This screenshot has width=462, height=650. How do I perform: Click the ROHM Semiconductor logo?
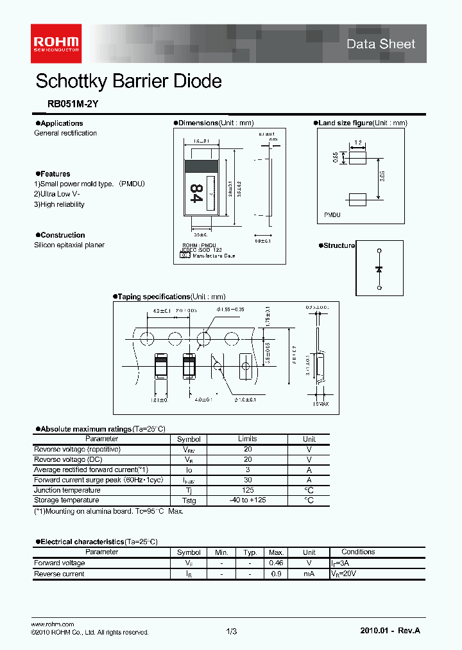(x=56, y=40)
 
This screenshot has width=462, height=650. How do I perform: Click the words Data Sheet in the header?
(x=381, y=44)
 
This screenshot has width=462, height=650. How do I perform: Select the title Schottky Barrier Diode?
(x=128, y=82)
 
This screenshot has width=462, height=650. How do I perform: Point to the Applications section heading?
(x=61, y=123)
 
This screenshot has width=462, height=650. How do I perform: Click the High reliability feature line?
(x=59, y=204)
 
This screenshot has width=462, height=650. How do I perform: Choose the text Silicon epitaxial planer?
(x=69, y=245)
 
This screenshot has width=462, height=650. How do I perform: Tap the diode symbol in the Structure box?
(x=379, y=268)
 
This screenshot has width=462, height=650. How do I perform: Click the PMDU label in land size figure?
(x=332, y=215)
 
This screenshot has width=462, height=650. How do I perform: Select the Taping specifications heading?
(x=154, y=297)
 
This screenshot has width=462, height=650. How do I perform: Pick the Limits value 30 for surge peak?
(x=248, y=480)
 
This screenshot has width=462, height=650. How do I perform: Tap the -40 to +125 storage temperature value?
(x=248, y=500)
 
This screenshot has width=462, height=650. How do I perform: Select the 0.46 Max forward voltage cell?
(x=277, y=563)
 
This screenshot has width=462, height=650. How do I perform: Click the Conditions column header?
(x=358, y=552)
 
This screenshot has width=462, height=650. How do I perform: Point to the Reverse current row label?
(x=59, y=574)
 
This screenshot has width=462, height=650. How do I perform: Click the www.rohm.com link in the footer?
(x=53, y=624)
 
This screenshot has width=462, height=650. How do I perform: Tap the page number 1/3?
(x=232, y=631)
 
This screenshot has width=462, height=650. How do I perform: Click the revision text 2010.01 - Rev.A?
(x=390, y=631)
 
